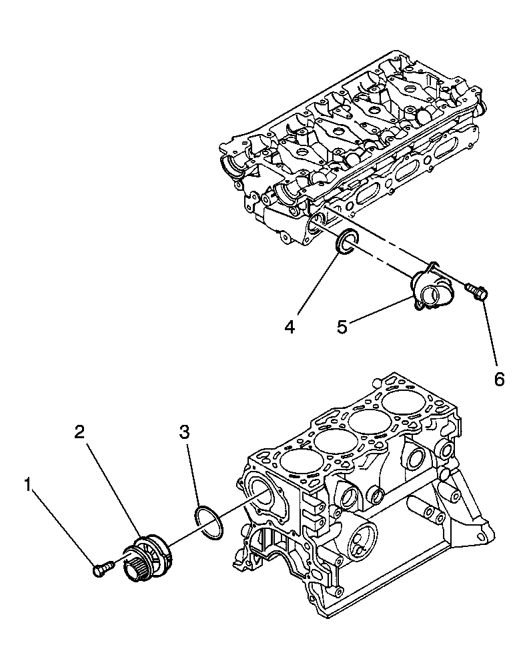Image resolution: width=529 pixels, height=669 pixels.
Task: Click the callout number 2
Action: point(79,432)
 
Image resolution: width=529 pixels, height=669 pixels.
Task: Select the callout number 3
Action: point(185,432)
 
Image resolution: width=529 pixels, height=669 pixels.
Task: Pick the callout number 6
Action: point(499,379)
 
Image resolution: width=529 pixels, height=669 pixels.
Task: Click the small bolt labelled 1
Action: point(101,569)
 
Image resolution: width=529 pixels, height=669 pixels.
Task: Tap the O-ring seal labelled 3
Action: point(208,522)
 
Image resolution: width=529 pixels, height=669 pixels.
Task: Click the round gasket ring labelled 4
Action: point(346,242)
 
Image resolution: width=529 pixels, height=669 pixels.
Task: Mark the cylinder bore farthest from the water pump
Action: point(404,402)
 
